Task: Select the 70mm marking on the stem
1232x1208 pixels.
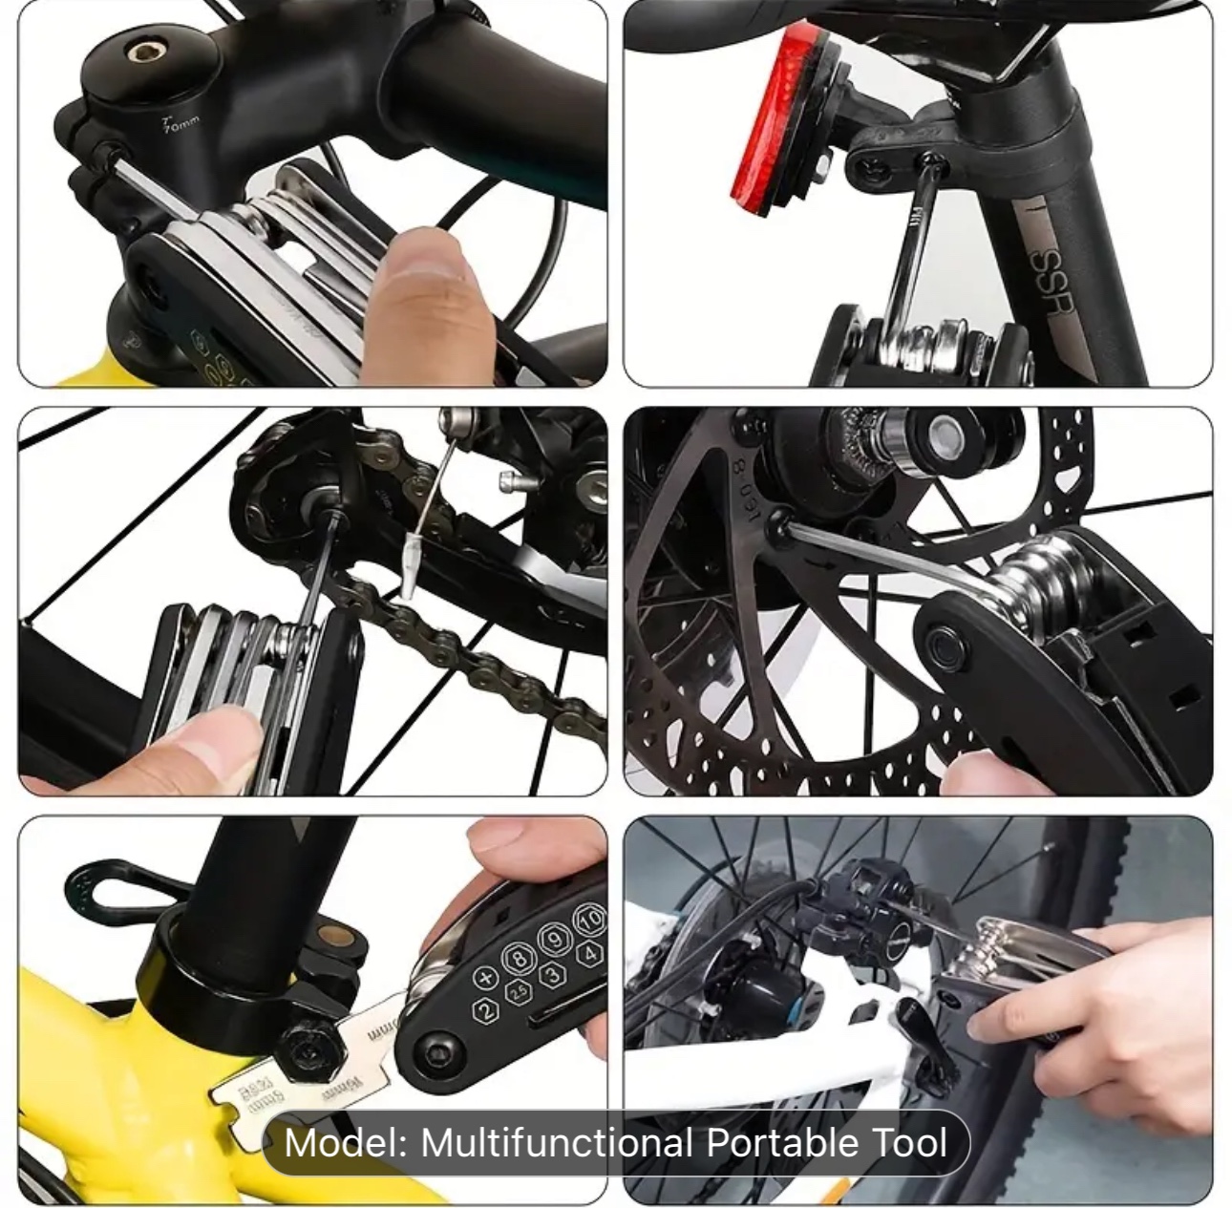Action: coord(181,123)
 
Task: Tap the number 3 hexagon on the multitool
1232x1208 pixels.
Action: coord(552,975)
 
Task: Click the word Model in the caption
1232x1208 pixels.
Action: coord(345,1143)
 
